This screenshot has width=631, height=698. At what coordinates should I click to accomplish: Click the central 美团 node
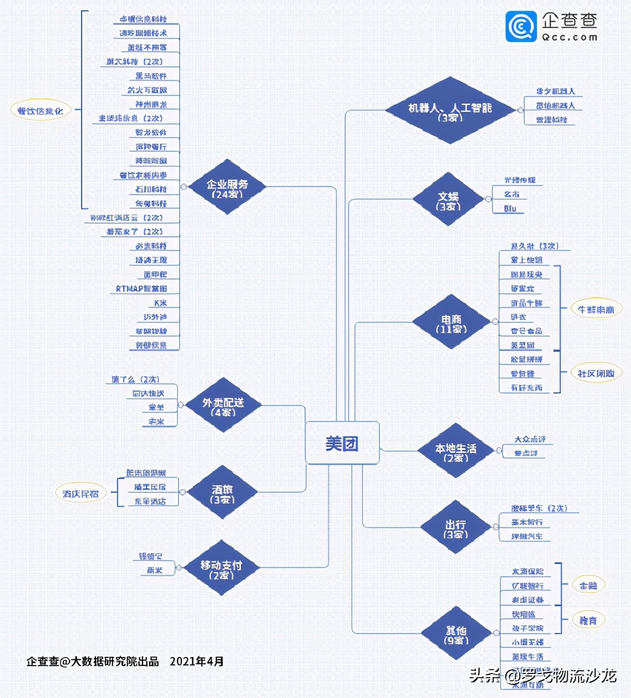click(342, 443)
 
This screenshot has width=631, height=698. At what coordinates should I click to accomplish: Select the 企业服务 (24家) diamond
click(228, 187)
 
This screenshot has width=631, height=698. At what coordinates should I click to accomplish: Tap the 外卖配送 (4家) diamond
click(223, 405)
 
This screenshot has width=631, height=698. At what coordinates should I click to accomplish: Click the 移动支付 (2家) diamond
click(221, 568)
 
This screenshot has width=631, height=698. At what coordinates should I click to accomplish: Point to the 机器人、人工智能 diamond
click(450, 110)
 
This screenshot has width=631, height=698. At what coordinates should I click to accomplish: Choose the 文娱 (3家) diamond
click(448, 200)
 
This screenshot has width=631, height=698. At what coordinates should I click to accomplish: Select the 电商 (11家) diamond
click(451, 322)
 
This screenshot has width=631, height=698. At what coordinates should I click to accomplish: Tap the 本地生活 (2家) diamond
click(455, 451)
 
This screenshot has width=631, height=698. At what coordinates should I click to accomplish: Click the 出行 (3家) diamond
click(455, 527)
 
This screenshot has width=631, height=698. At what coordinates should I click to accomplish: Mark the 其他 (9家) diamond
click(456, 634)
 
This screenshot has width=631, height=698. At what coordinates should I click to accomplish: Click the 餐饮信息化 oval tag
click(41, 111)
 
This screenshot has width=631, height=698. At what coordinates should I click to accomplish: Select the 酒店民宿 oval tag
click(80, 494)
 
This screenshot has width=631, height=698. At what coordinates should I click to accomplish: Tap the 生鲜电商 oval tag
click(596, 310)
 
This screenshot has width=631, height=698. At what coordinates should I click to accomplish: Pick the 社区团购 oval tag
click(596, 374)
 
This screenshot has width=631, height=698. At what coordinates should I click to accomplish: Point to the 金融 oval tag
click(588, 585)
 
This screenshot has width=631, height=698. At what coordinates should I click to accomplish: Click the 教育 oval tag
click(588, 620)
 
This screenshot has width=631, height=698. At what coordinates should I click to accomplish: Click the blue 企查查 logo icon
click(521, 26)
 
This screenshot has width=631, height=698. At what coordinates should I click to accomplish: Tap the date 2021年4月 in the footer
click(197, 662)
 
